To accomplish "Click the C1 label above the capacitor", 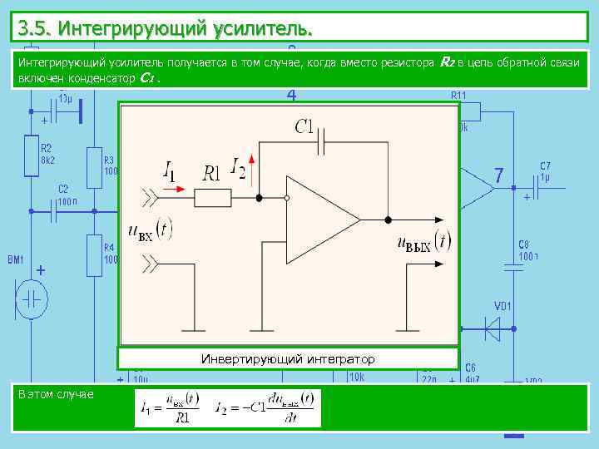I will click(x=304, y=127).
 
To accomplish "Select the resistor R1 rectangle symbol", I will click(x=213, y=198).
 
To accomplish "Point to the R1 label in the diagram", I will click(x=213, y=173).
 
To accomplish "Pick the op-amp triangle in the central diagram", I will click(x=320, y=220).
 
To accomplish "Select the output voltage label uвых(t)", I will click(x=423, y=243).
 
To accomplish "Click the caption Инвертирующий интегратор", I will click(x=288, y=359).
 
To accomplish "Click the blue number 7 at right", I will click(x=498, y=176).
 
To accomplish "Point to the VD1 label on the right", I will click(x=503, y=305).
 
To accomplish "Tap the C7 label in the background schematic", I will click(x=545, y=165).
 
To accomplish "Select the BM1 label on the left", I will click(x=16, y=260).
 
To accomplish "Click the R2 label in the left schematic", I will click(x=46, y=147).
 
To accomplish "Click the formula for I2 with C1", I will click(x=265, y=408).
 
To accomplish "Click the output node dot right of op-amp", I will click(x=387, y=220).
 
